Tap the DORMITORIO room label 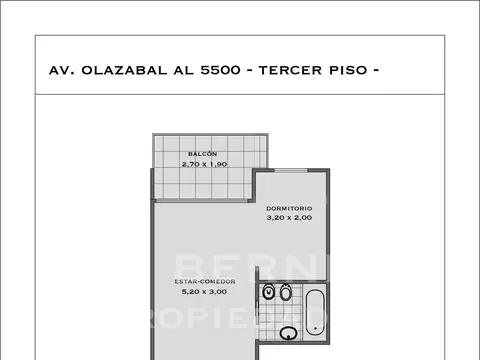pos(289,208)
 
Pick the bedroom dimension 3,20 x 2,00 pos(289,217)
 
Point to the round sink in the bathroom pos(289,333)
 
